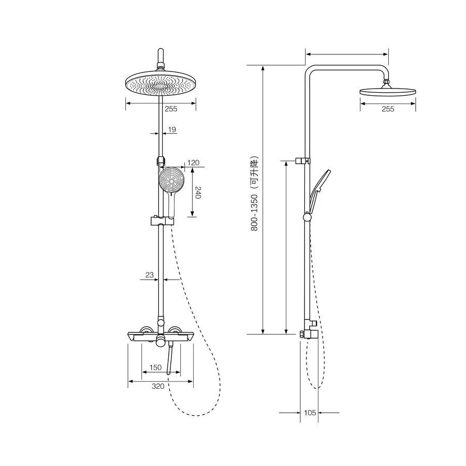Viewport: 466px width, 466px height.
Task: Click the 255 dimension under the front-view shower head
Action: tap(171, 109)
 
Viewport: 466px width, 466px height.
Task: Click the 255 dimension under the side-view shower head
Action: tap(388, 109)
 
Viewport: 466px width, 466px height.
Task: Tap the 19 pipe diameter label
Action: tap(172, 129)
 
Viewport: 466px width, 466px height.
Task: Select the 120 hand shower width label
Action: tap(194, 163)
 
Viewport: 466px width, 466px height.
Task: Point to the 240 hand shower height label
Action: tap(198, 193)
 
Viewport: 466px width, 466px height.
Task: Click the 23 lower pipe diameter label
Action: tap(150, 275)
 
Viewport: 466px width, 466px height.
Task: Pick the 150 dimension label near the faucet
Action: tap(155, 367)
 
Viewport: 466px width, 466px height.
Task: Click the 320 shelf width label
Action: tap(158, 386)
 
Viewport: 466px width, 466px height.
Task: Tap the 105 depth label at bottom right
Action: tap(310, 413)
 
